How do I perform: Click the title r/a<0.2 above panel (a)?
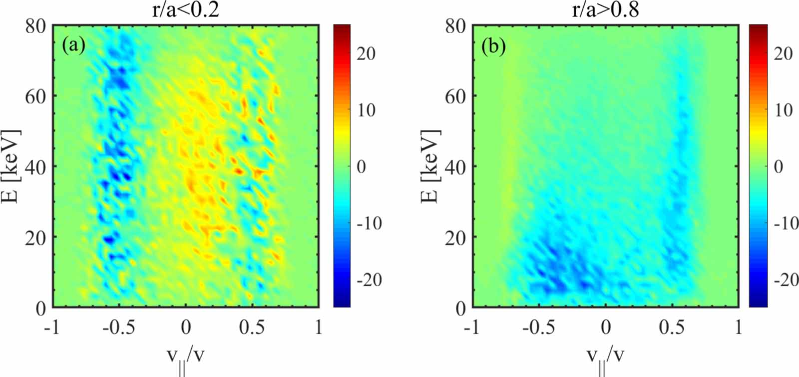(185, 10)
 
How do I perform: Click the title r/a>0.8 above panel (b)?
(605, 10)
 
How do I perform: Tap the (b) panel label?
(493, 46)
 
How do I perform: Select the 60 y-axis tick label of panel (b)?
(455, 96)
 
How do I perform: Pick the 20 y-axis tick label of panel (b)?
(455, 237)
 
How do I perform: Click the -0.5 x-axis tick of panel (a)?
(119, 327)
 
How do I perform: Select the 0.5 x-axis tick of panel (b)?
(671, 327)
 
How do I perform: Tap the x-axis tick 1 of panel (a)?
(318, 327)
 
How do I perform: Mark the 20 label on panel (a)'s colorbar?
(366, 53)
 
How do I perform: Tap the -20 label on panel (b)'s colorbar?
(786, 280)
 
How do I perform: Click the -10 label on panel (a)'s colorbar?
(369, 223)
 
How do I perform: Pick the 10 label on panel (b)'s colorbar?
(783, 110)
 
